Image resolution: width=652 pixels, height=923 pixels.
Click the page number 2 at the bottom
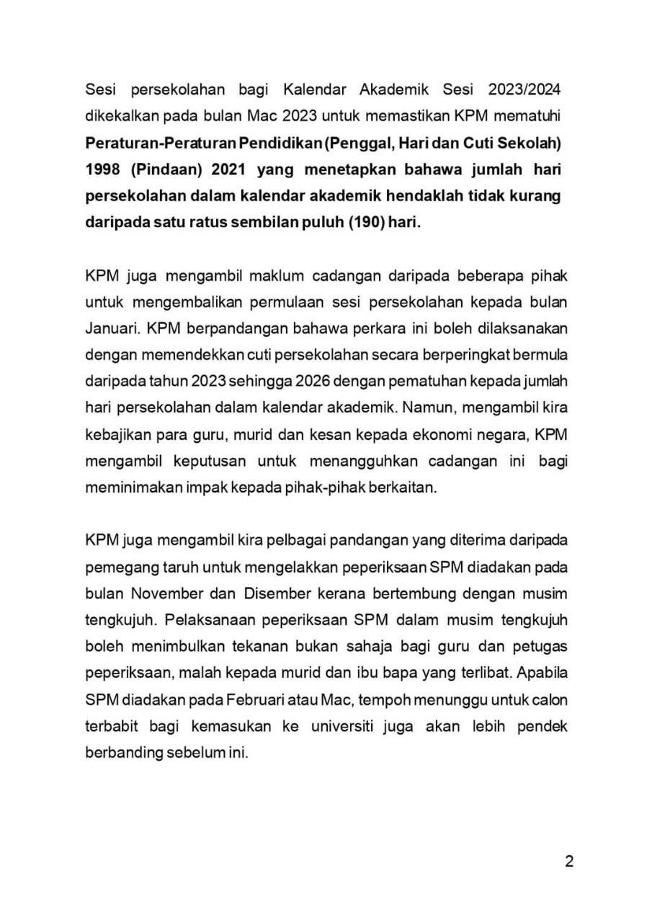[568, 863]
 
